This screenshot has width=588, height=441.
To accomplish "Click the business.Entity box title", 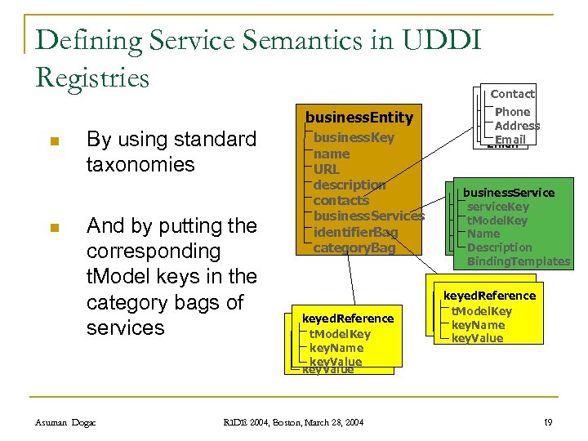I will (x=359, y=118).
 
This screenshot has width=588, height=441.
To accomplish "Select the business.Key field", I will (x=354, y=137).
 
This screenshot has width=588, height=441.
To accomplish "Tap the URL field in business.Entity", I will (x=327, y=169).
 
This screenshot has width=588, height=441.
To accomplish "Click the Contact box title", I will (x=512, y=94).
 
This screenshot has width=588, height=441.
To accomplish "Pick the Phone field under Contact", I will (x=512, y=112).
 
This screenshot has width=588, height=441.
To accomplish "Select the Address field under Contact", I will (x=517, y=126).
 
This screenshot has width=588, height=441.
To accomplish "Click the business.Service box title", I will (x=509, y=193).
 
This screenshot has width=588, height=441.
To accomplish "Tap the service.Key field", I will (x=497, y=207).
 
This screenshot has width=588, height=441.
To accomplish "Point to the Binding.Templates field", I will (x=519, y=261).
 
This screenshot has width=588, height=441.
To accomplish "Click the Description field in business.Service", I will (x=499, y=247).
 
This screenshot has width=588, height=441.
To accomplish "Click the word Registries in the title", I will (x=93, y=78).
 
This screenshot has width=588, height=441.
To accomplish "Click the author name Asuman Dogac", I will (x=65, y=422).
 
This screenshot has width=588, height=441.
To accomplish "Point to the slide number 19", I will (x=548, y=422).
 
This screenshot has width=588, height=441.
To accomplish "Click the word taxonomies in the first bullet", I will (x=140, y=164).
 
